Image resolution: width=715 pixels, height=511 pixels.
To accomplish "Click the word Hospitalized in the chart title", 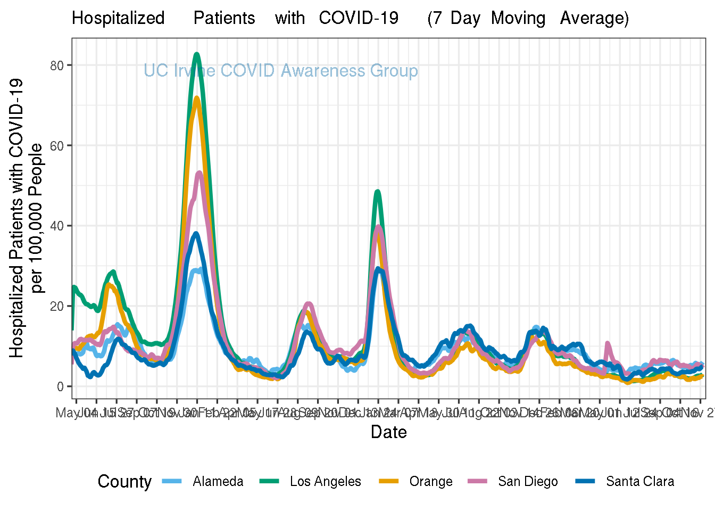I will click(x=118, y=18).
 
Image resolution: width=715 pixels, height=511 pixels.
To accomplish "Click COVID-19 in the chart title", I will click(x=359, y=18).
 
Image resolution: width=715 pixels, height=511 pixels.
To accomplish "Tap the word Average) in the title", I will click(x=594, y=18).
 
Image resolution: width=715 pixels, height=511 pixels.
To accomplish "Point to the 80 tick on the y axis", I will click(x=57, y=65).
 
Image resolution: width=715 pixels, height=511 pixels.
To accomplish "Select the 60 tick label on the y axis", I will click(x=57, y=146).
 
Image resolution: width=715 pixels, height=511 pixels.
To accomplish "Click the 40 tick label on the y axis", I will click(x=57, y=226).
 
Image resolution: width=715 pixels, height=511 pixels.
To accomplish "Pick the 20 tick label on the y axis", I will click(x=57, y=306).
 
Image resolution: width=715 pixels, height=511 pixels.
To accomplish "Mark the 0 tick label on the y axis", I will click(x=61, y=386).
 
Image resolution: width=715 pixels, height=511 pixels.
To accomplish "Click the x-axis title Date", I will click(x=389, y=432).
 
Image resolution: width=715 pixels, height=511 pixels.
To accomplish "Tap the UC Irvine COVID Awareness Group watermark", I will click(x=281, y=71).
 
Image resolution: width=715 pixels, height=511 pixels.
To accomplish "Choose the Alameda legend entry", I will click(x=218, y=482).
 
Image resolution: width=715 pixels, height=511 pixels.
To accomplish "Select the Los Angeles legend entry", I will click(x=325, y=482).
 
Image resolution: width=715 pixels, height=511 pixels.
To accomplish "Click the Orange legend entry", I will click(x=430, y=482).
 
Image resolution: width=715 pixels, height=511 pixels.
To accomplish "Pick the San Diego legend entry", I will click(x=528, y=482).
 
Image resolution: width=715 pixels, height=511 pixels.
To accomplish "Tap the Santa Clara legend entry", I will click(x=639, y=482).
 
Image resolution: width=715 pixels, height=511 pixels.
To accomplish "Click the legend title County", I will click(x=124, y=482).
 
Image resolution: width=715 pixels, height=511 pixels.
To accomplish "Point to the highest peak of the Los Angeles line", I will click(x=197, y=54).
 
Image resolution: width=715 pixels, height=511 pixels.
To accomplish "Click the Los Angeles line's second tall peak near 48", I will click(x=378, y=192).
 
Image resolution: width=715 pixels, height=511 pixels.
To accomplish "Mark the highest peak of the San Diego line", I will click(x=200, y=172).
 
